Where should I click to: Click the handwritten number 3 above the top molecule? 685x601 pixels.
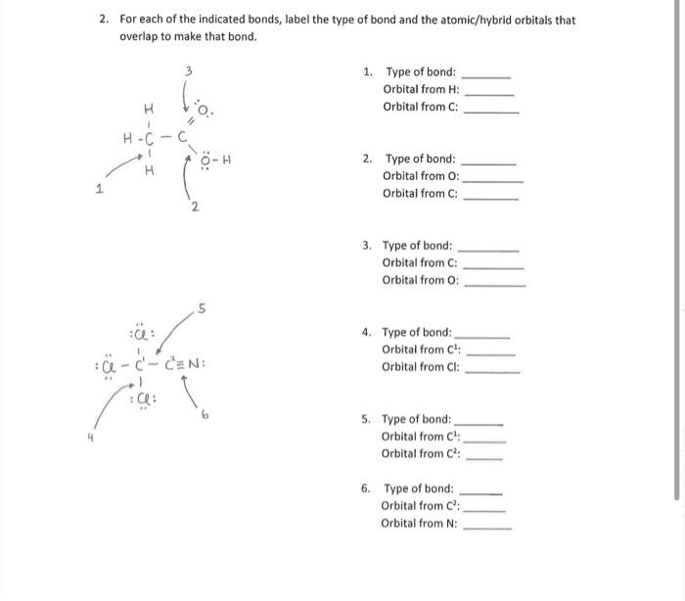pyautogui.click(x=190, y=70)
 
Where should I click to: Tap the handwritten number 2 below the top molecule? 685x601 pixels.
pyautogui.click(x=195, y=206)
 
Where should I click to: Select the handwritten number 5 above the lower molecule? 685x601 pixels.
pyautogui.click(x=201, y=311)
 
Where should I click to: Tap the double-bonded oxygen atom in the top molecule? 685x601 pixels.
pyautogui.click(x=202, y=110)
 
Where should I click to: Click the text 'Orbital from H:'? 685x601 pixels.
pyautogui.click(x=421, y=89)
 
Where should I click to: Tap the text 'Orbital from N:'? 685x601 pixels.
pyautogui.click(x=420, y=523)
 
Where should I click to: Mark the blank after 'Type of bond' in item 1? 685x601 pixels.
pyautogui.click(x=485, y=74)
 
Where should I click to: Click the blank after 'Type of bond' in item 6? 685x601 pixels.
pyautogui.click(x=480, y=490)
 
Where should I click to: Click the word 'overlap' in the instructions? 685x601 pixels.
pyautogui.click(x=138, y=36)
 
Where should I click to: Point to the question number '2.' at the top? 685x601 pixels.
pyautogui.click(x=104, y=20)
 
